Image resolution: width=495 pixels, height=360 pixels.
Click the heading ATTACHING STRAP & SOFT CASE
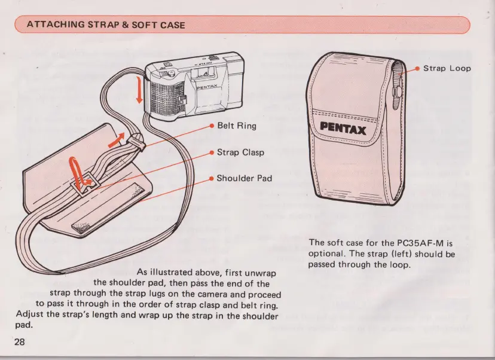(106, 25)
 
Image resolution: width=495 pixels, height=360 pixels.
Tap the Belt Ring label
(236, 126)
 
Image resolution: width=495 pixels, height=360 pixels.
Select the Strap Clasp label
(240, 152)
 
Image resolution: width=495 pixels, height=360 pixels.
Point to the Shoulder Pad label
(244, 178)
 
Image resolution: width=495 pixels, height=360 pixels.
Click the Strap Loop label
(447, 68)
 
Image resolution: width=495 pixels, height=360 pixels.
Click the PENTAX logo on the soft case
(343, 128)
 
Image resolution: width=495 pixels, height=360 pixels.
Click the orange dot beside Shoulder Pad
(211, 178)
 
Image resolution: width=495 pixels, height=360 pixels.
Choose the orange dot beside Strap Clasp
(211, 152)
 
